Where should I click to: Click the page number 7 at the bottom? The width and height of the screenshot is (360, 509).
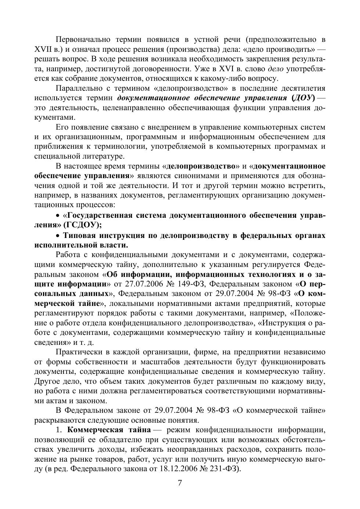[x=180, y=483]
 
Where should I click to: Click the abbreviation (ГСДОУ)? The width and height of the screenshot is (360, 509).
[x=81, y=225]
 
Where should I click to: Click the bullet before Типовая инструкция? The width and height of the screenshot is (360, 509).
[x=58, y=235]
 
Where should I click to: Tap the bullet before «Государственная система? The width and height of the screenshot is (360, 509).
[x=58, y=215]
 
